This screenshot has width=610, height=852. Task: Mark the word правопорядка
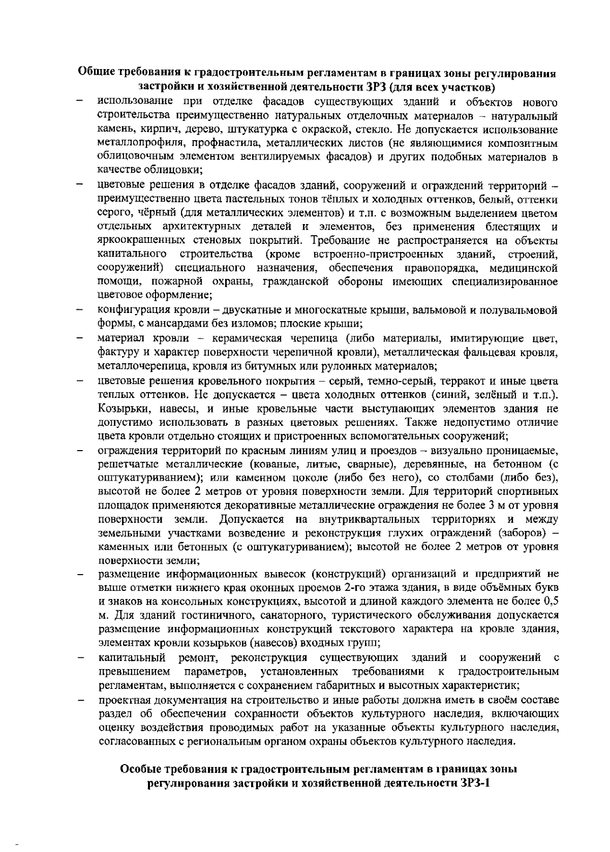pyautogui.click(x=437, y=268)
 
